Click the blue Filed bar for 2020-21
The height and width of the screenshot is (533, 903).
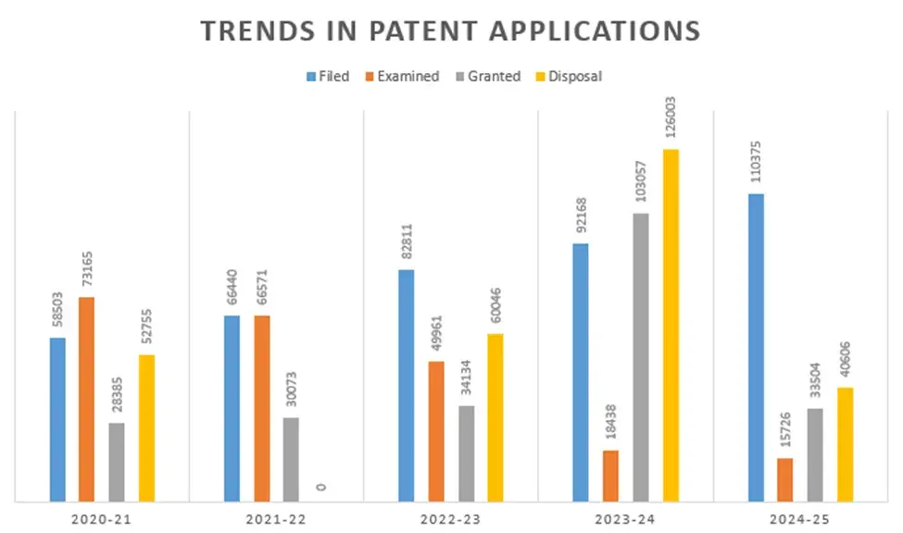57,419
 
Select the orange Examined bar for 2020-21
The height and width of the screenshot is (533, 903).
86,399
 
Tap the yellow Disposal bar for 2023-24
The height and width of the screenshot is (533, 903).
670,325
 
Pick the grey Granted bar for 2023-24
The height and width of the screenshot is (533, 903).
640,357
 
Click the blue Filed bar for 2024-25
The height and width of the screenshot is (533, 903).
756,347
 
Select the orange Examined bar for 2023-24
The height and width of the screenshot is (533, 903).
610,476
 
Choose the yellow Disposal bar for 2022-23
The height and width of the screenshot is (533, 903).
495,417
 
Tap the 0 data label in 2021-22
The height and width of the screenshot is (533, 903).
321,487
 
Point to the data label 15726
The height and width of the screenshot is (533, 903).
785,427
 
